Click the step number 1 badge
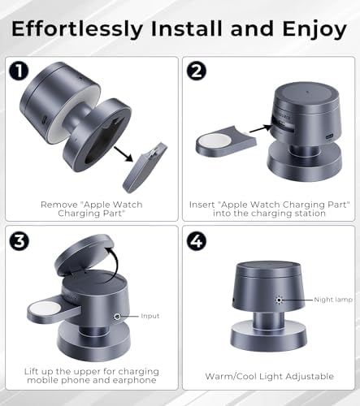pos(19,71)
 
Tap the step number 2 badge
pos(197,71)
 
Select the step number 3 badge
pos(19,241)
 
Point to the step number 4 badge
pos(197,241)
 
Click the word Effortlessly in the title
pos(77,29)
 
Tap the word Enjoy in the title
pos(314,30)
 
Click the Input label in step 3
pos(150,316)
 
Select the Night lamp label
pos(333,300)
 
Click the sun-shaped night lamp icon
pos(279,300)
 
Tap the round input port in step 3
pos(117,316)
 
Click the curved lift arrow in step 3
pos(115,260)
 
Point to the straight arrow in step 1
pos(124,154)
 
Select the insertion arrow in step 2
pos(261,128)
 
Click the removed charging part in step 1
pos(145,167)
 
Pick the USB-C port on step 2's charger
pos(329,136)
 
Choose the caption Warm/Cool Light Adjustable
pos(269,376)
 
